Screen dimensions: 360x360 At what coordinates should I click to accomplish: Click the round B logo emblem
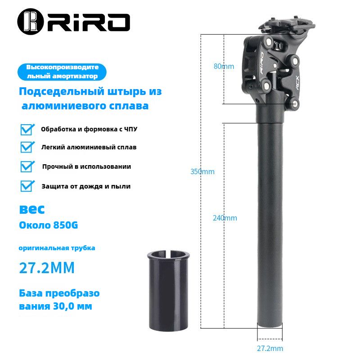(x=30, y=22)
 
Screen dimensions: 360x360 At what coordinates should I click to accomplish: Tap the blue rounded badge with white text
(x=62, y=72)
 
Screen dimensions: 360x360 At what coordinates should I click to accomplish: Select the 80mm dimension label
(x=224, y=66)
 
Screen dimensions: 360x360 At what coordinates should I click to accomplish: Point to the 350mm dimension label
(x=202, y=171)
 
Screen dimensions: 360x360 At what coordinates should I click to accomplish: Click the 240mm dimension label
(x=225, y=218)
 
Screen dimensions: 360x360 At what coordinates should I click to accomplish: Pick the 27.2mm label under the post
(x=270, y=348)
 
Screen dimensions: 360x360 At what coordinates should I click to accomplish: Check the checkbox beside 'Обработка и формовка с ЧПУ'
(x=27, y=130)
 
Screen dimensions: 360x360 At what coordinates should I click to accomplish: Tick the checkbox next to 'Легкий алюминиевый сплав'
(x=27, y=147)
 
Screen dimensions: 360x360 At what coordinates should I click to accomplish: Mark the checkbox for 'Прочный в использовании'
(x=27, y=166)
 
